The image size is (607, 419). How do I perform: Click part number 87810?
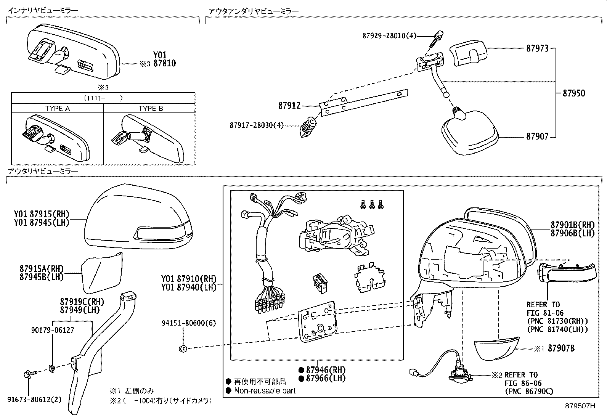(165, 64)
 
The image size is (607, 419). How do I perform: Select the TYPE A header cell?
(57, 108)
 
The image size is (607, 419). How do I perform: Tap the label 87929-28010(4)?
(389, 36)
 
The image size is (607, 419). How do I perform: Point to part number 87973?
(537, 48)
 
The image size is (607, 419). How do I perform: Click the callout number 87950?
(573, 93)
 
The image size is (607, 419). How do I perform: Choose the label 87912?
(289, 106)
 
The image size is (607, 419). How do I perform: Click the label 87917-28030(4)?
(257, 125)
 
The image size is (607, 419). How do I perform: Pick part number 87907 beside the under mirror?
(537, 136)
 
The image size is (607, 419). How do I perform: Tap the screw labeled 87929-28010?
(435, 40)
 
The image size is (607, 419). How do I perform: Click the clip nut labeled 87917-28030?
(308, 127)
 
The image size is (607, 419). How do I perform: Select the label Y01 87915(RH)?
(42, 214)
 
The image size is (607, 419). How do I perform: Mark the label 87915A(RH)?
(42, 268)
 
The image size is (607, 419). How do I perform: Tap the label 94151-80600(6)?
(188, 323)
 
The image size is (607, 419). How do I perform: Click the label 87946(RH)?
(322, 369)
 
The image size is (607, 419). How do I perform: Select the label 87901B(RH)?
(572, 225)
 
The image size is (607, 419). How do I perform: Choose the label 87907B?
(561, 348)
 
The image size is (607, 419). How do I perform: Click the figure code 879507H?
(580, 406)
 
